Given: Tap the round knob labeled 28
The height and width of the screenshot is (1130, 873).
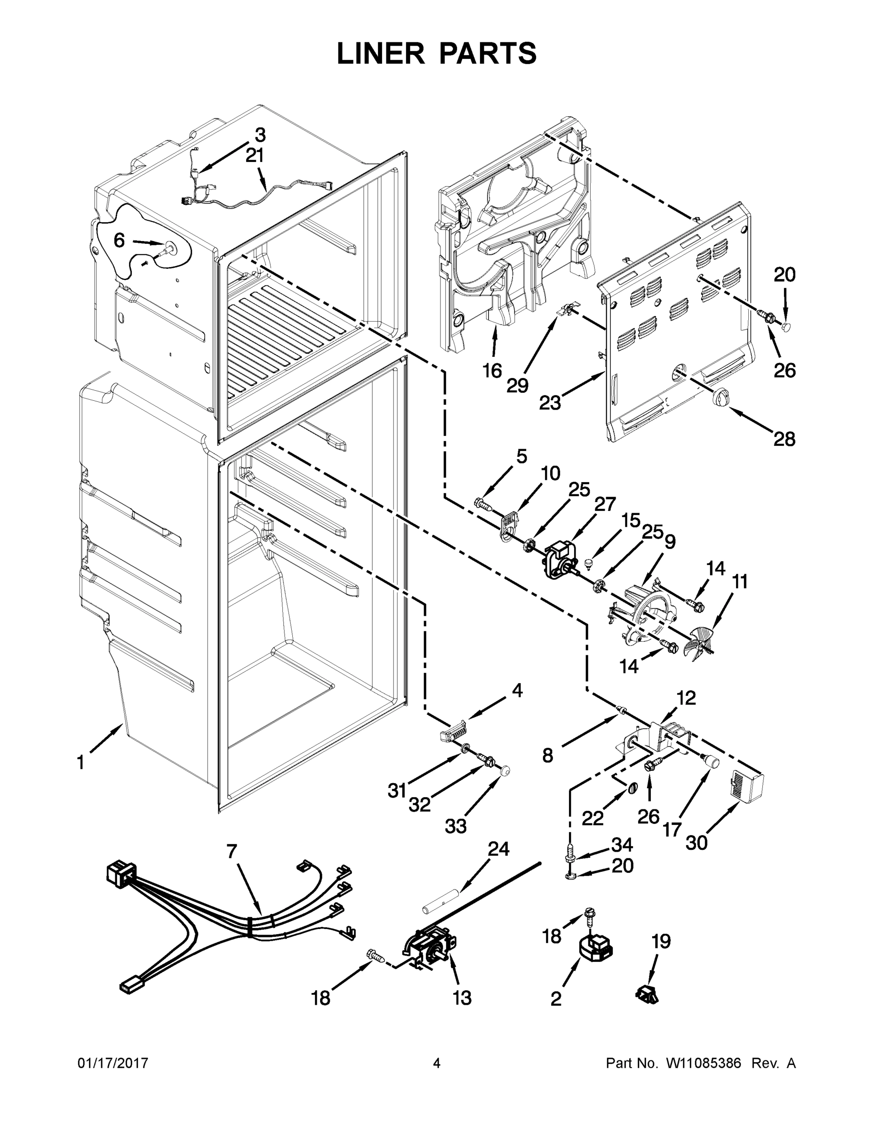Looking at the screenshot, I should click(x=720, y=398).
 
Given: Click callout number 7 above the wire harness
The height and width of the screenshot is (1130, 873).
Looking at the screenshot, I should click(x=231, y=851).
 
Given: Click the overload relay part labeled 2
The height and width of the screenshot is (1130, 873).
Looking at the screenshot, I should click(x=595, y=948).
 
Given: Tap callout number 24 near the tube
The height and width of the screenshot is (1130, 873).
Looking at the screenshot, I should click(x=498, y=848).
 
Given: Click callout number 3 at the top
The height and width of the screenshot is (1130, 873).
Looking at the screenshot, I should click(x=260, y=135).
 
